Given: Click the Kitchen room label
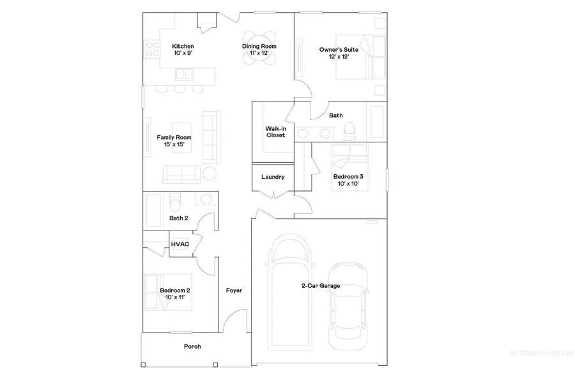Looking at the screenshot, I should click(x=183, y=47).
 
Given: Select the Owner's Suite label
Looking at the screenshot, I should click(x=338, y=49).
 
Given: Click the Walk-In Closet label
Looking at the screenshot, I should click(x=275, y=131).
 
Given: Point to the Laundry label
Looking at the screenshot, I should click(x=273, y=177).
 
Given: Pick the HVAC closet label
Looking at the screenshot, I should click(x=180, y=244).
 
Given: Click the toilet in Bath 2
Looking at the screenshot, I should click(x=178, y=202).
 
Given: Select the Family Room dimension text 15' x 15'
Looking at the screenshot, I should click(x=174, y=144).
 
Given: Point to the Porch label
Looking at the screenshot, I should click(x=192, y=347).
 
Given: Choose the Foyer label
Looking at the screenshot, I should click(x=234, y=290).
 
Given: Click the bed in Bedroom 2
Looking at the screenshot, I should click(x=158, y=291).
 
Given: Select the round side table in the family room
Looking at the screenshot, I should click(x=210, y=173).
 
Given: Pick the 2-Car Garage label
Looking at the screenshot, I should click(x=320, y=285).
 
